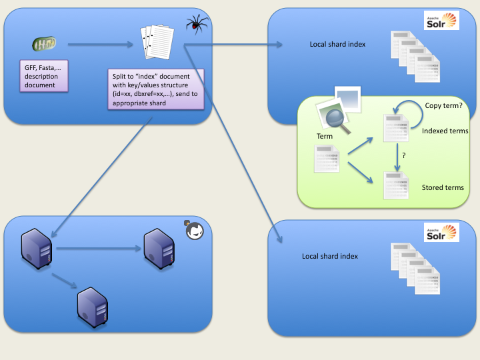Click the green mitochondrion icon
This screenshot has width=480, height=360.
click(45, 45)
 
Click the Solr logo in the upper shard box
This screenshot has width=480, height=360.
click(442, 21)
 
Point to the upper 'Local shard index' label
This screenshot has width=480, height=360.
click(337, 45)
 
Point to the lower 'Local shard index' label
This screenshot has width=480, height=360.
click(329, 257)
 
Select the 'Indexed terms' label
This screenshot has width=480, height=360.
click(445, 131)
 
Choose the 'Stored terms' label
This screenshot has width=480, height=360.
click(443, 188)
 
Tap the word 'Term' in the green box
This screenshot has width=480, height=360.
click(325, 136)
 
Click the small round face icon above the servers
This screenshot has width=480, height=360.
click(195, 231)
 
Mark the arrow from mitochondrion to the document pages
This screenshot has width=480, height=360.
click(100, 45)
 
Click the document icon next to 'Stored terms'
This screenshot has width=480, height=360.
click(395, 185)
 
